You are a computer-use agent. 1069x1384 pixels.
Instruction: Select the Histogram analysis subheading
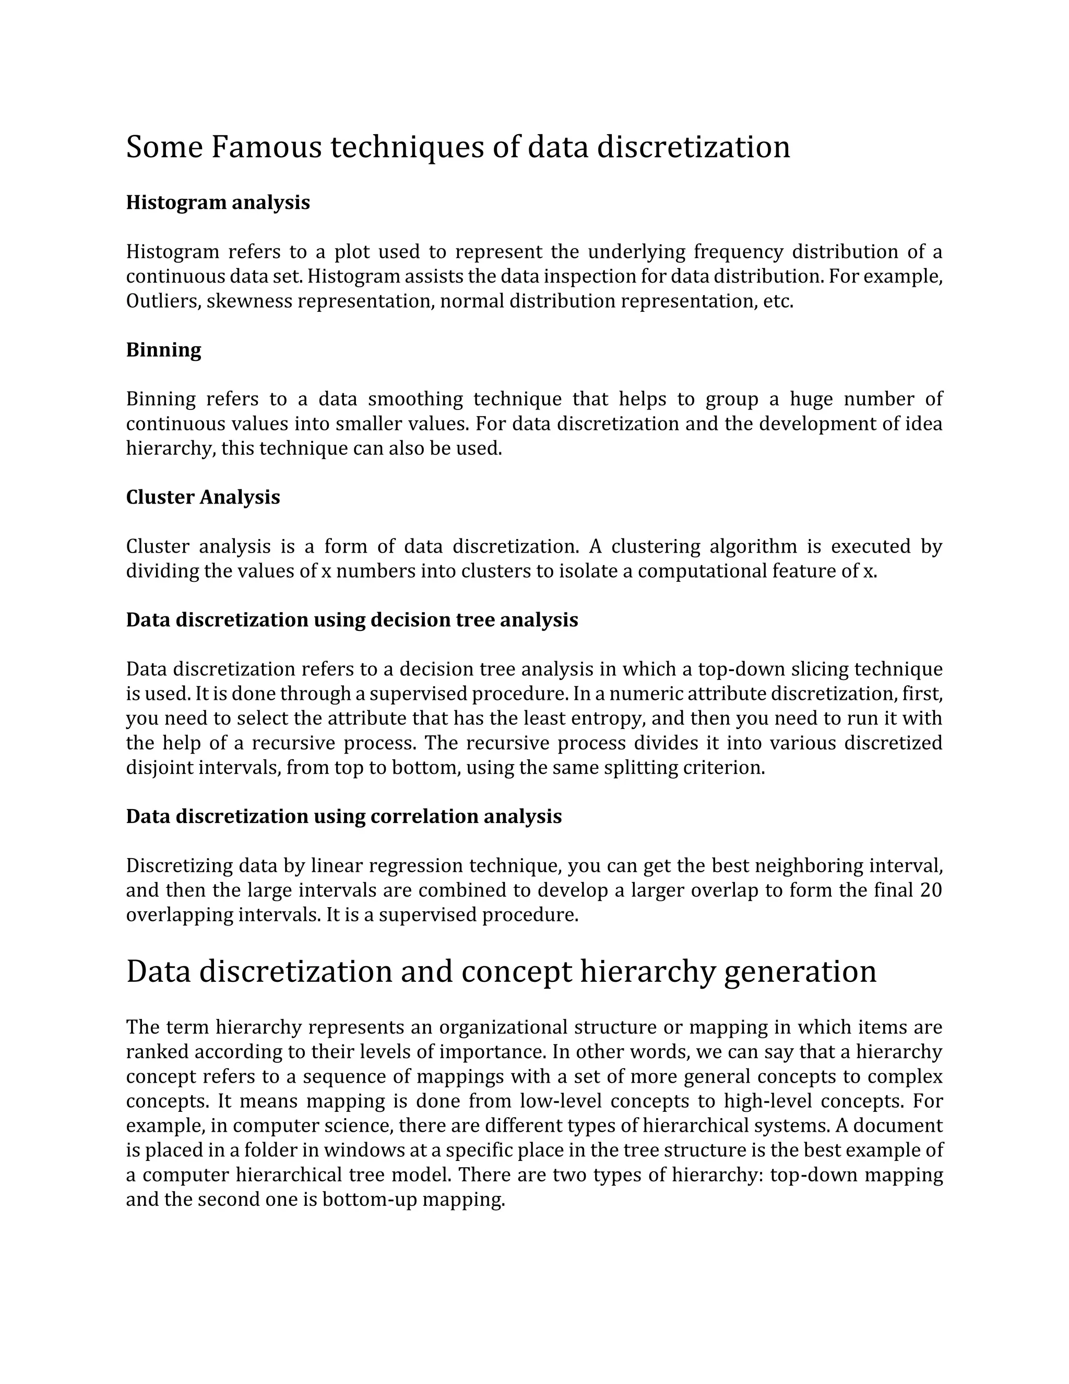pos(218,203)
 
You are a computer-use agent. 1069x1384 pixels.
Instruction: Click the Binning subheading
pos(163,350)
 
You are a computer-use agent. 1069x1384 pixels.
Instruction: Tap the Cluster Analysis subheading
pos(203,497)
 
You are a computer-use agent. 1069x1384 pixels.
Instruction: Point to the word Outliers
pos(163,301)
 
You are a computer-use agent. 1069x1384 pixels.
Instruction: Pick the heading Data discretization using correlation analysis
pos(344,817)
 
